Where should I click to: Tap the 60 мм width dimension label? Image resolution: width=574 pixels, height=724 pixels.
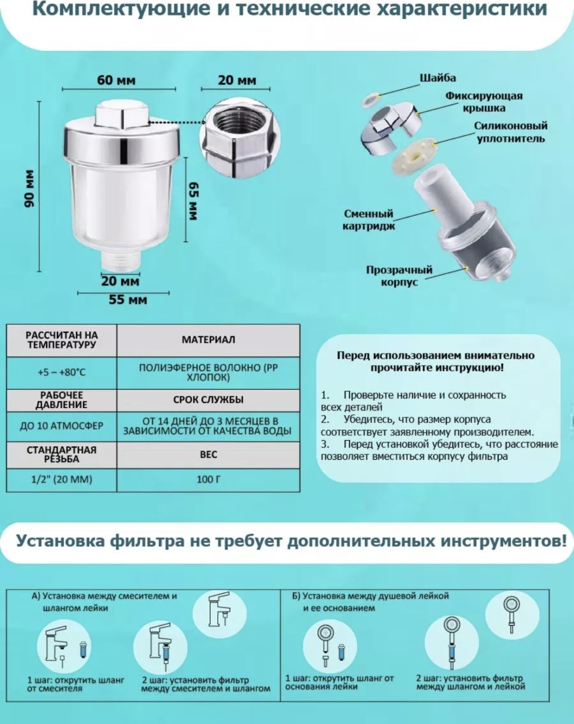(x=116, y=80)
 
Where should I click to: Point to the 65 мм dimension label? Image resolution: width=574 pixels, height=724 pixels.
(x=193, y=201)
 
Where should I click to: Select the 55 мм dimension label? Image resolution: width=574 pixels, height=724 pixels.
(x=128, y=299)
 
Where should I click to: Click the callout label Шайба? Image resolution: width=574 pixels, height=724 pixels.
(x=438, y=78)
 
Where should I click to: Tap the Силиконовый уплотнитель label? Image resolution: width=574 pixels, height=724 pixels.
(x=511, y=132)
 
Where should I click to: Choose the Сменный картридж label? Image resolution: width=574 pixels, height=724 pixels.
(x=369, y=220)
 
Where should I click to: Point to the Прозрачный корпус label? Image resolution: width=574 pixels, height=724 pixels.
(x=399, y=276)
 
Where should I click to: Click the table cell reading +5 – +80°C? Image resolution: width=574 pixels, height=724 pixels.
(x=62, y=373)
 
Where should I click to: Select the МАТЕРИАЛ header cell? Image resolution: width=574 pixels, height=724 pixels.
(x=208, y=340)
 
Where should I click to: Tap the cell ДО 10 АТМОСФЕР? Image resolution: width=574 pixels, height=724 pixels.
(x=62, y=426)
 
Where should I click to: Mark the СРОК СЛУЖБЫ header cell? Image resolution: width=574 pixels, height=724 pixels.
(x=208, y=400)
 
